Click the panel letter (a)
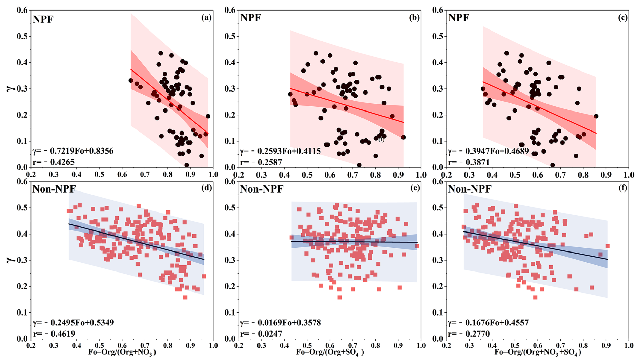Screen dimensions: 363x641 [x=206, y=18]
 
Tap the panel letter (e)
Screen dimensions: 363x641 [x=415, y=188]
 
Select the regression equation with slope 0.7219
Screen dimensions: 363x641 [x=73, y=151]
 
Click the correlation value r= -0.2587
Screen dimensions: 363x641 [x=261, y=162]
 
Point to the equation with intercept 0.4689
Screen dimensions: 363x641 [x=488, y=151]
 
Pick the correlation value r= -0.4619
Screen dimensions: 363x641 [x=54, y=334]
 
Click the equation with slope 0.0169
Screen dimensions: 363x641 [x=281, y=322]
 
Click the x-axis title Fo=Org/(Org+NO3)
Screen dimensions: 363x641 [x=122, y=352]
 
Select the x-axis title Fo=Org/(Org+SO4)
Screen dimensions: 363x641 [x=330, y=352]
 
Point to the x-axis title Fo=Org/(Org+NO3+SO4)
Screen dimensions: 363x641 [x=538, y=352]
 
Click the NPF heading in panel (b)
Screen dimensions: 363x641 [x=250, y=18]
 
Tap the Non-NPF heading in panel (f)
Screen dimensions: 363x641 [x=470, y=189]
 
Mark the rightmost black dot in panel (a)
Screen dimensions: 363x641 [x=208, y=116]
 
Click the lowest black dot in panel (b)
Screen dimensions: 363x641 [x=359, y=165]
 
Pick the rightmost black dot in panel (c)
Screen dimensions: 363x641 [x=596, y=116]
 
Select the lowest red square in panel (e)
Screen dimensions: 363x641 [x=339, y=297]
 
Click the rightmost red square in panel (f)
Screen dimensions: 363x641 [x=608, y=246]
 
